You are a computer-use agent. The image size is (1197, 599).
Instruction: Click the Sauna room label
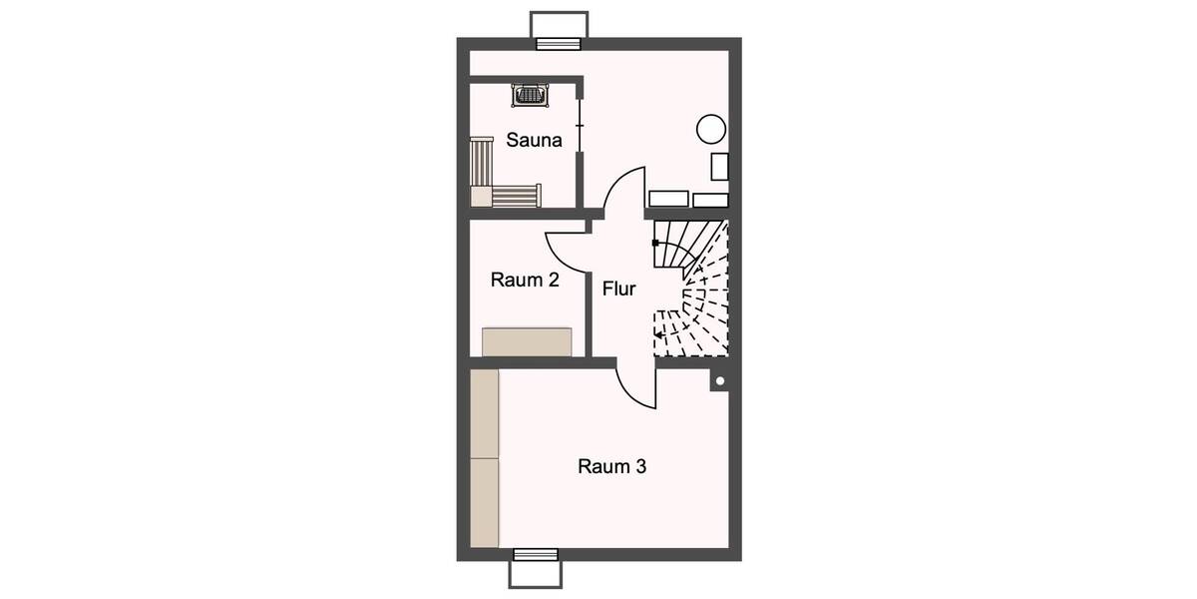pos(534,141)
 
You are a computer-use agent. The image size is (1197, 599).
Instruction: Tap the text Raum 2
pos(525,281)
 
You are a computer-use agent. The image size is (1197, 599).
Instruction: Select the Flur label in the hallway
pos(619,289)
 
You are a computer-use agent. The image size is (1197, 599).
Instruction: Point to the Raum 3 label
pos(611,466)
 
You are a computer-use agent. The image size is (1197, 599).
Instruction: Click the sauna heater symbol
pos(530,95)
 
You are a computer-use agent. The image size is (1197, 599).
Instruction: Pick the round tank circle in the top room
pos(711,129)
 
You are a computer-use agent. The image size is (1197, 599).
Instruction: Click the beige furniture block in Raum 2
pos(527,341)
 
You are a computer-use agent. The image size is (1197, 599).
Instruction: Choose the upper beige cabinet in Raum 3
pos(484,413)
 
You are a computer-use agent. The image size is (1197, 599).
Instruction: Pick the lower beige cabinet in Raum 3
pos(484,503)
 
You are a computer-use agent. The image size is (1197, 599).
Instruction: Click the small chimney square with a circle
pos(719,380)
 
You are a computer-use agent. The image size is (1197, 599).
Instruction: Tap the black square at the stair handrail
pos(654,243)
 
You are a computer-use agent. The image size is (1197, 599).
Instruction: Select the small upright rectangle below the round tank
pos(719,167)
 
